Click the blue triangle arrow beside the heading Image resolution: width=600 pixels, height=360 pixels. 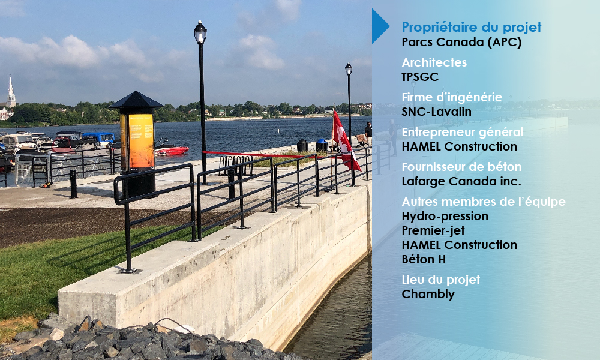tap(379, 26)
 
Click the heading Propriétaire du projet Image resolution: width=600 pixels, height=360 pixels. tap(472, 27)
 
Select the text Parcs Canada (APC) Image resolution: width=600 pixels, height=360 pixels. tap(461, 42)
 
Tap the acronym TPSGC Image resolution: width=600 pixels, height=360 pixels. tap(420, 77)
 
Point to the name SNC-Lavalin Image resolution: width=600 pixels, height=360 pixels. tap(436, 112)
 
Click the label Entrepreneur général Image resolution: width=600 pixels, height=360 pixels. tap(462, 132)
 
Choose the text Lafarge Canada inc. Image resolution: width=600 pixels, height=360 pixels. tap(461, 181)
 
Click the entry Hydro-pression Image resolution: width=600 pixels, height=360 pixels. tap(445, 216)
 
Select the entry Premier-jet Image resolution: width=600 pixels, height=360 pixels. tap(433, 230)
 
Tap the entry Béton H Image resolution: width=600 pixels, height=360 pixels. tap(424, 259)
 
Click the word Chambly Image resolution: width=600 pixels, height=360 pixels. tap(428, 294)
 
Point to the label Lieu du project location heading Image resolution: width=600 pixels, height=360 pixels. tap(441, 280)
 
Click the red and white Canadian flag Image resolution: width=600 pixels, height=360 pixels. tap(344, 140)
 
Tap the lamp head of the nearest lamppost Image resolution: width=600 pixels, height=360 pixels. tap(200, 32)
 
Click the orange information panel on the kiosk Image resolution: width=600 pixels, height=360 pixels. tap(140, 141)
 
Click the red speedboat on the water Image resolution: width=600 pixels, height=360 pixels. tap(171, 151)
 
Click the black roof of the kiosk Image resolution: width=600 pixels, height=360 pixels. tap(136, 100)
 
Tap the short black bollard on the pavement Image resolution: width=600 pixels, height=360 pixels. tap(73, 184)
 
